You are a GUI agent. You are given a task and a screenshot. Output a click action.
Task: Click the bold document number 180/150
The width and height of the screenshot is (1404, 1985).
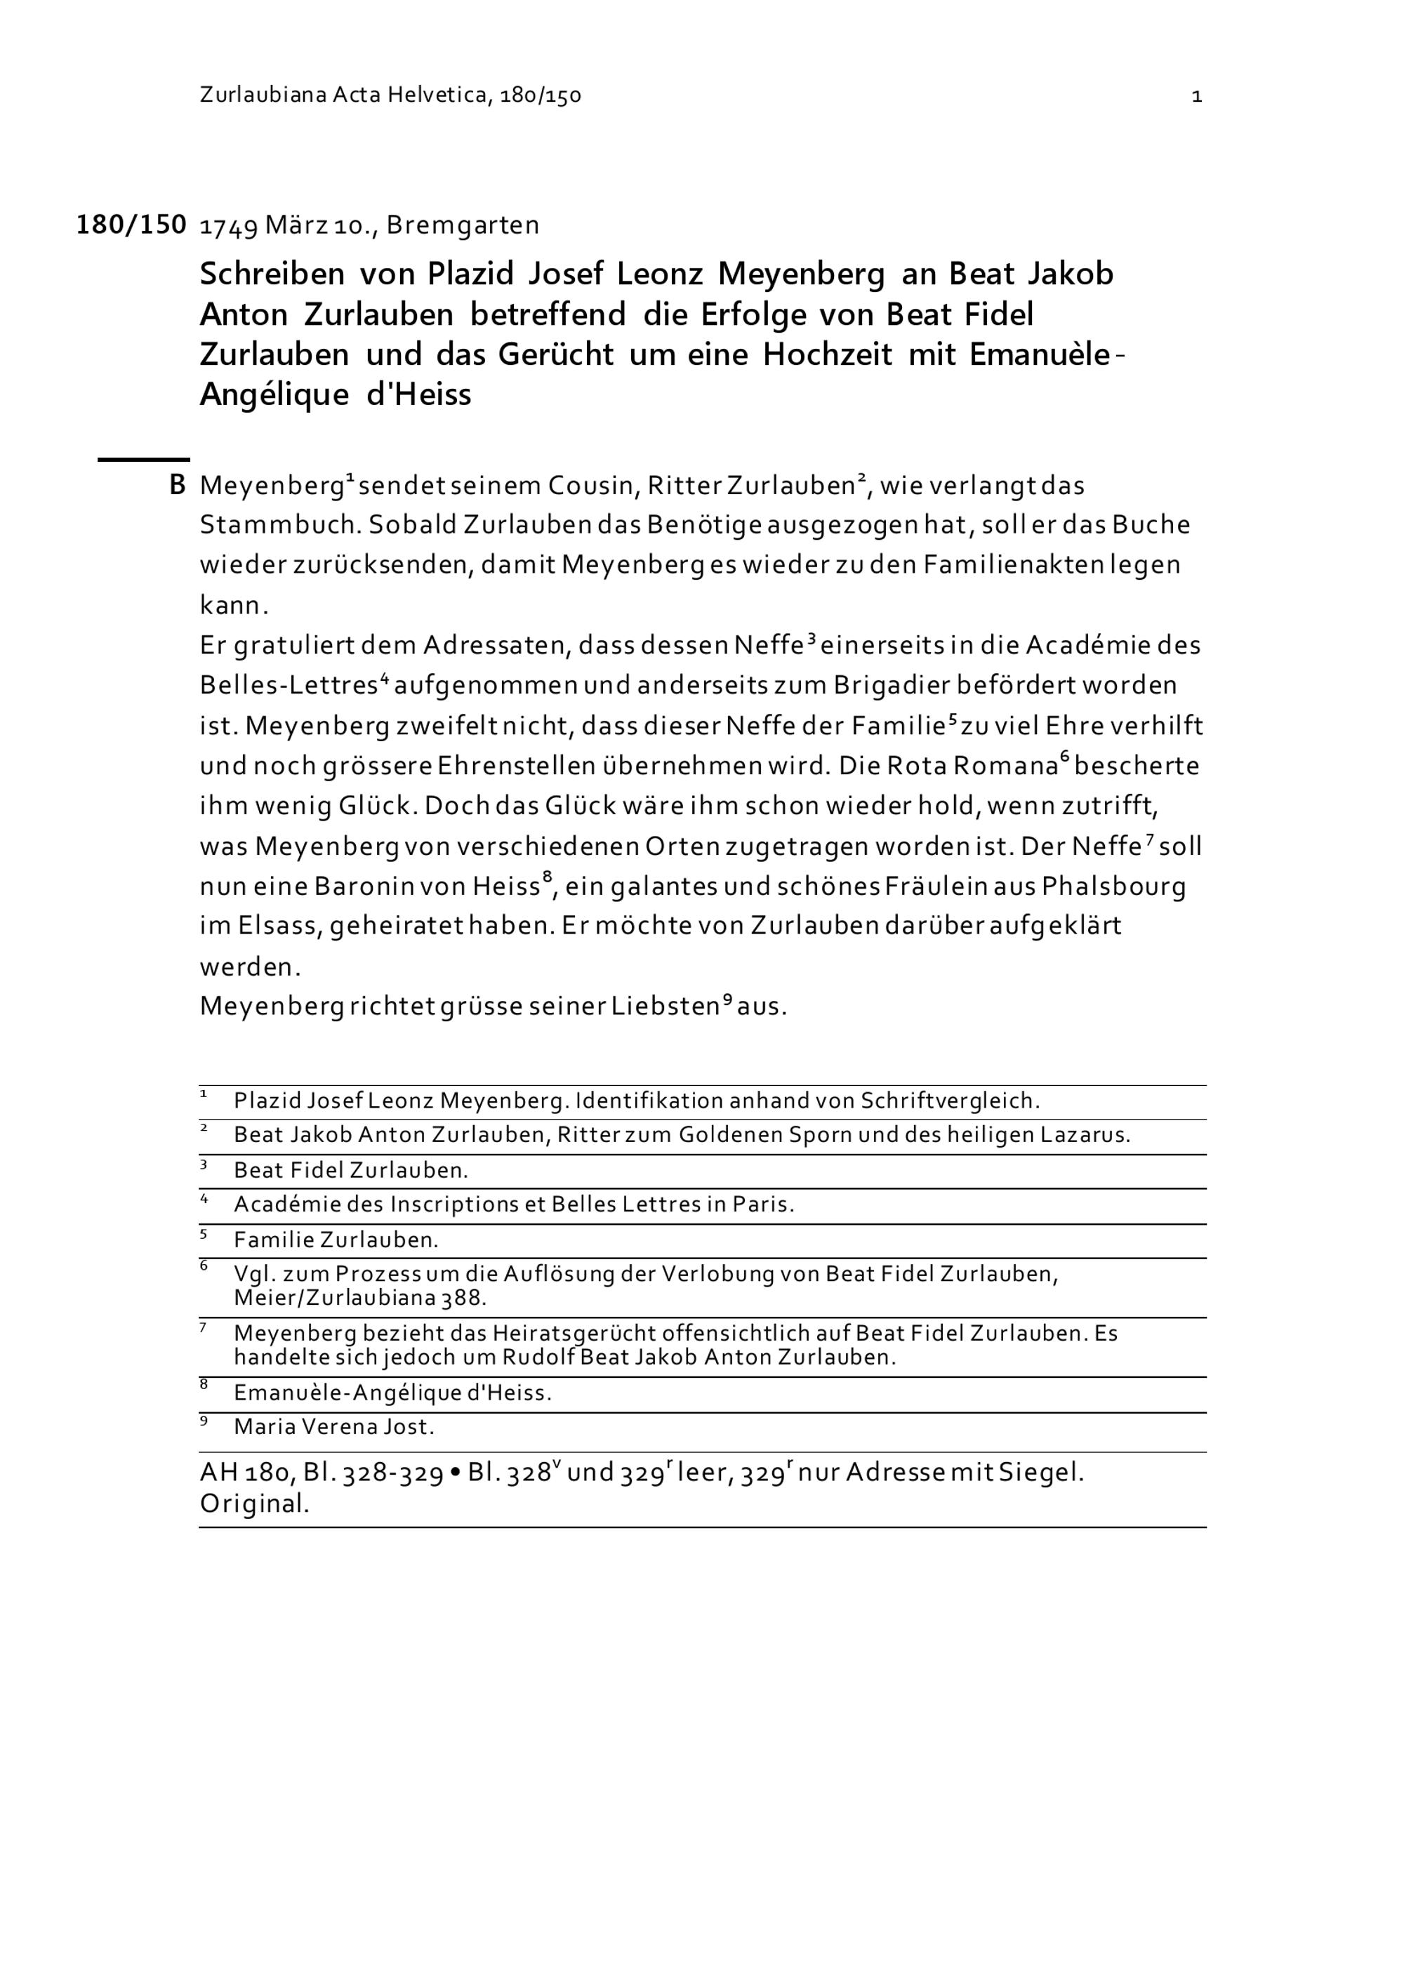coord(131,225)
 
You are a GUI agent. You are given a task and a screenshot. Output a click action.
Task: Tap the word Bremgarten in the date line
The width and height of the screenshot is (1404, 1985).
coord(463,225)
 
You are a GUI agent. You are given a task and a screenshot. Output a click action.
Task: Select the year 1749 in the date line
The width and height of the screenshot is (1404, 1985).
coord(228,227)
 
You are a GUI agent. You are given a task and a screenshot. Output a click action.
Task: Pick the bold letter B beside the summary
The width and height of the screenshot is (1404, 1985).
coord(177,486)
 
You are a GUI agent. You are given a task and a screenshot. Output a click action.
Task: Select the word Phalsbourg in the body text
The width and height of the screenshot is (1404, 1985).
coord(1114,887)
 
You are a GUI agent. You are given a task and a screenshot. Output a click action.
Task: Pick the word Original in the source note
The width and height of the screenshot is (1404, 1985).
coord(254,1504)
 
